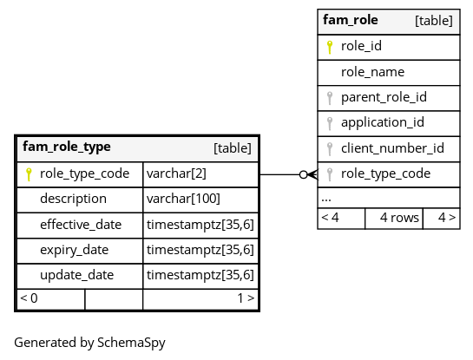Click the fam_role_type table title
point(67,147)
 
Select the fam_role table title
point(351,20)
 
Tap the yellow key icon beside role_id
point(330,48)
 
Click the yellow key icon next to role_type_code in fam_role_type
point(29,174)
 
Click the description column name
point(73,199)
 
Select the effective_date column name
point(81,225)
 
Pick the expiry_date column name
point(75,250)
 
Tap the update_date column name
point(77,275)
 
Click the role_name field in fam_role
point(372,72)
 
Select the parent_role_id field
point(384,97)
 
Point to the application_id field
point(383,122)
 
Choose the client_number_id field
point(392,148)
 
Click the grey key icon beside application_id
point(330,124)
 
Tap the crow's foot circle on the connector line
point(304,174)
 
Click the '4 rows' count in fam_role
point(399,218)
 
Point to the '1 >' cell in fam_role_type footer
point(246,298)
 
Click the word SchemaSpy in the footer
point(131,343)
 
